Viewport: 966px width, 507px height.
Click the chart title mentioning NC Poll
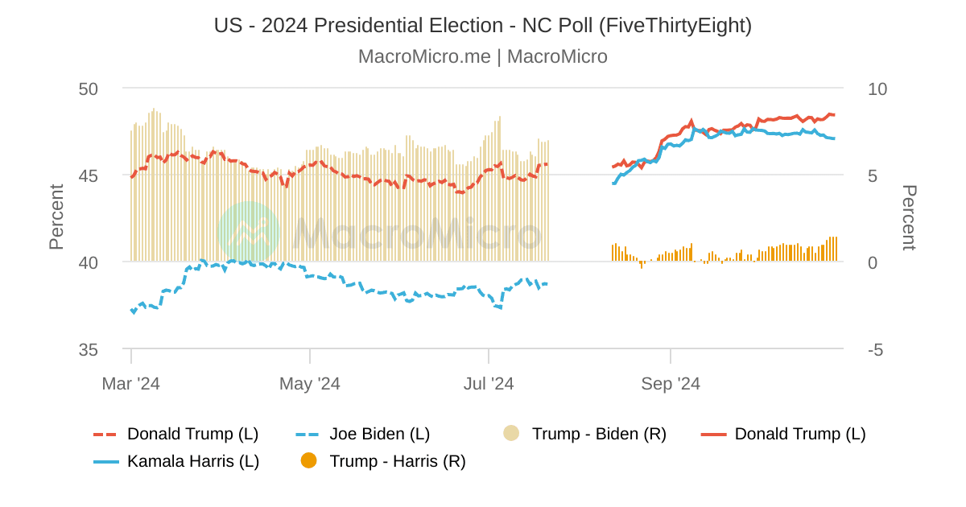[483, 26]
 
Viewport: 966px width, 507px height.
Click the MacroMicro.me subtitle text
[483, 56]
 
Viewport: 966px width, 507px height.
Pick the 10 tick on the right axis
[877, 89]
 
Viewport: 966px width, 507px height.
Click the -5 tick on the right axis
[874, 349]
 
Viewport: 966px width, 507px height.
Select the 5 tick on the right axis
[872, 175]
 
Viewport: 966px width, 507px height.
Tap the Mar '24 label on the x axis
[130, 384]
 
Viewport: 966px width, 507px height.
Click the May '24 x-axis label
[310, 384]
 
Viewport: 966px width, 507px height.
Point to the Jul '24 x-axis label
[489, 384]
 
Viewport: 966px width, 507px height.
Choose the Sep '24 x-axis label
[671, 384]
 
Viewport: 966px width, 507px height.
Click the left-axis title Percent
[56, 217]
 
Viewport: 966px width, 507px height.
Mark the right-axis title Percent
[909, 217]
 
